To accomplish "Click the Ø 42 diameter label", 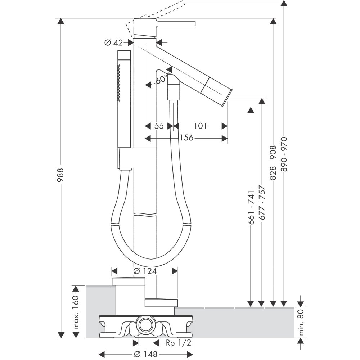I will (113, 43).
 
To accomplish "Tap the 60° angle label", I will (162, 79).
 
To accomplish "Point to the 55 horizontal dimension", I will (159, 126).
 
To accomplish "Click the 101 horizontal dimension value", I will (200, 126).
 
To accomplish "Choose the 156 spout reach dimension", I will (186, 138).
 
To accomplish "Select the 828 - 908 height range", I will (273, 163).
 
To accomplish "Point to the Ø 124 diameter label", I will (145, 271).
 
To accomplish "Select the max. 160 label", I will (76, 312).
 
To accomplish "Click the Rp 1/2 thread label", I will (179, 343).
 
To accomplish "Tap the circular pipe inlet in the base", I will (146, 325).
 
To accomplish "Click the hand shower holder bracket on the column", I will (126, 158).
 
